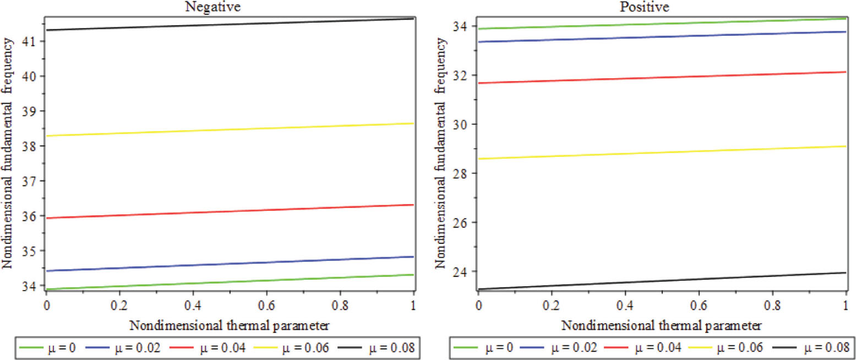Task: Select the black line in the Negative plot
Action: pos(229,24)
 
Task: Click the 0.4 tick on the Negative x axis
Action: pos(193,304)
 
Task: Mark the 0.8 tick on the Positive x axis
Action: pos(772,304)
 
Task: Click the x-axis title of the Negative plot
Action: pos(230,325)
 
